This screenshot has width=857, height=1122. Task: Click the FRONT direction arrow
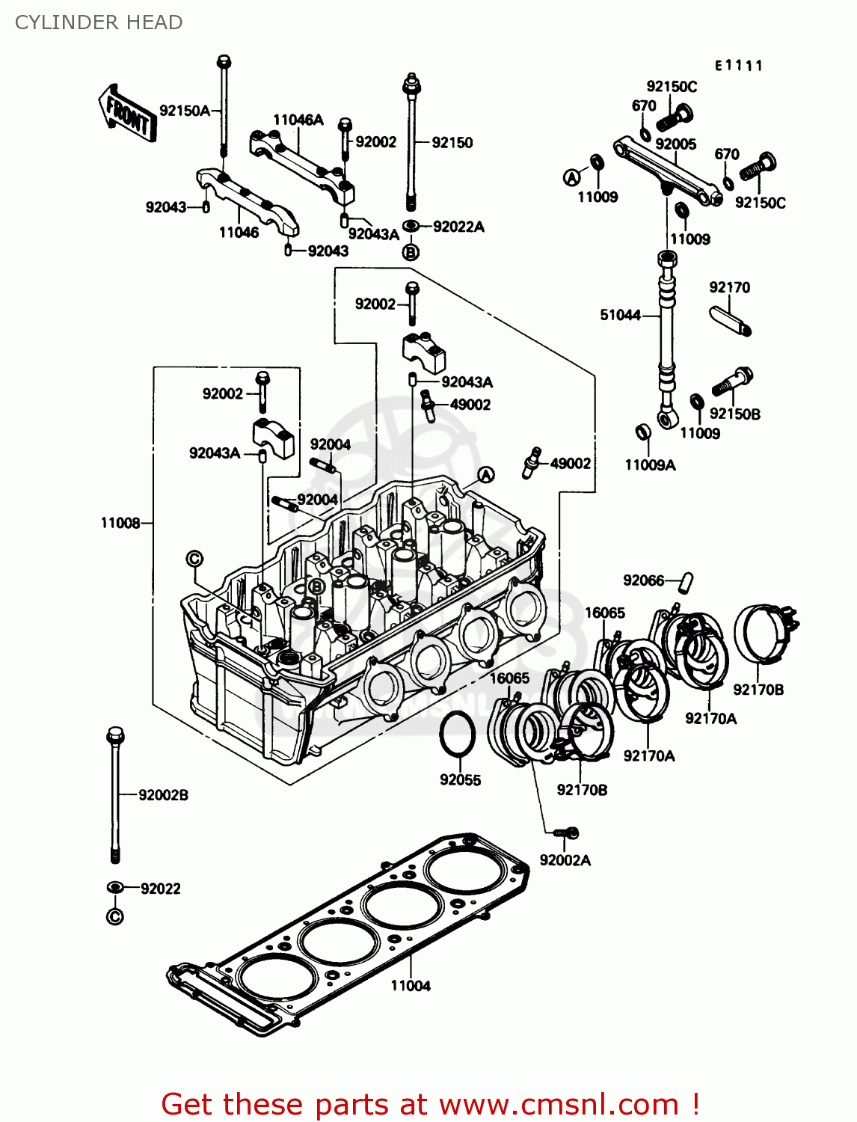click(x=128, y=113)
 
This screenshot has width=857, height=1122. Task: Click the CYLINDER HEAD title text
click(x=99, y=22)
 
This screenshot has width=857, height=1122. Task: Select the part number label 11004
click(x=411, y=985)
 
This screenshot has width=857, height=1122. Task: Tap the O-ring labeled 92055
click(x=457, y=735)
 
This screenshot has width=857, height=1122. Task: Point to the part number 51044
click(x=620, y=315)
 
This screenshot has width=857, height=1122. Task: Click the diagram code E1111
click(x=738, y=66)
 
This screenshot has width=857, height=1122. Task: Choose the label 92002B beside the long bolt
click(x=163, y=794)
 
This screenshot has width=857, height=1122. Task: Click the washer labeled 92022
click(x=115, y=887)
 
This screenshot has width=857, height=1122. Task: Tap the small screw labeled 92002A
click(x=566, y=833)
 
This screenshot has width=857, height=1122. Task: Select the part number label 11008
click(x=120, y=523)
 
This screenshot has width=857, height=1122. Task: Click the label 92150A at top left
click(x=185, y=111)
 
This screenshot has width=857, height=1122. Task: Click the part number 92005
click(x=675, y=144)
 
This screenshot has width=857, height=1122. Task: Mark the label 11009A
click(x=650, y=465)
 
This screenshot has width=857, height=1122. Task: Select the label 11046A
click(x=298, y=120)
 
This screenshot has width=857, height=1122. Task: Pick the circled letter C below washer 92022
click(x=114, y=916)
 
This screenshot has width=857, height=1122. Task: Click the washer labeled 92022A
click(x=411, y=226)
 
